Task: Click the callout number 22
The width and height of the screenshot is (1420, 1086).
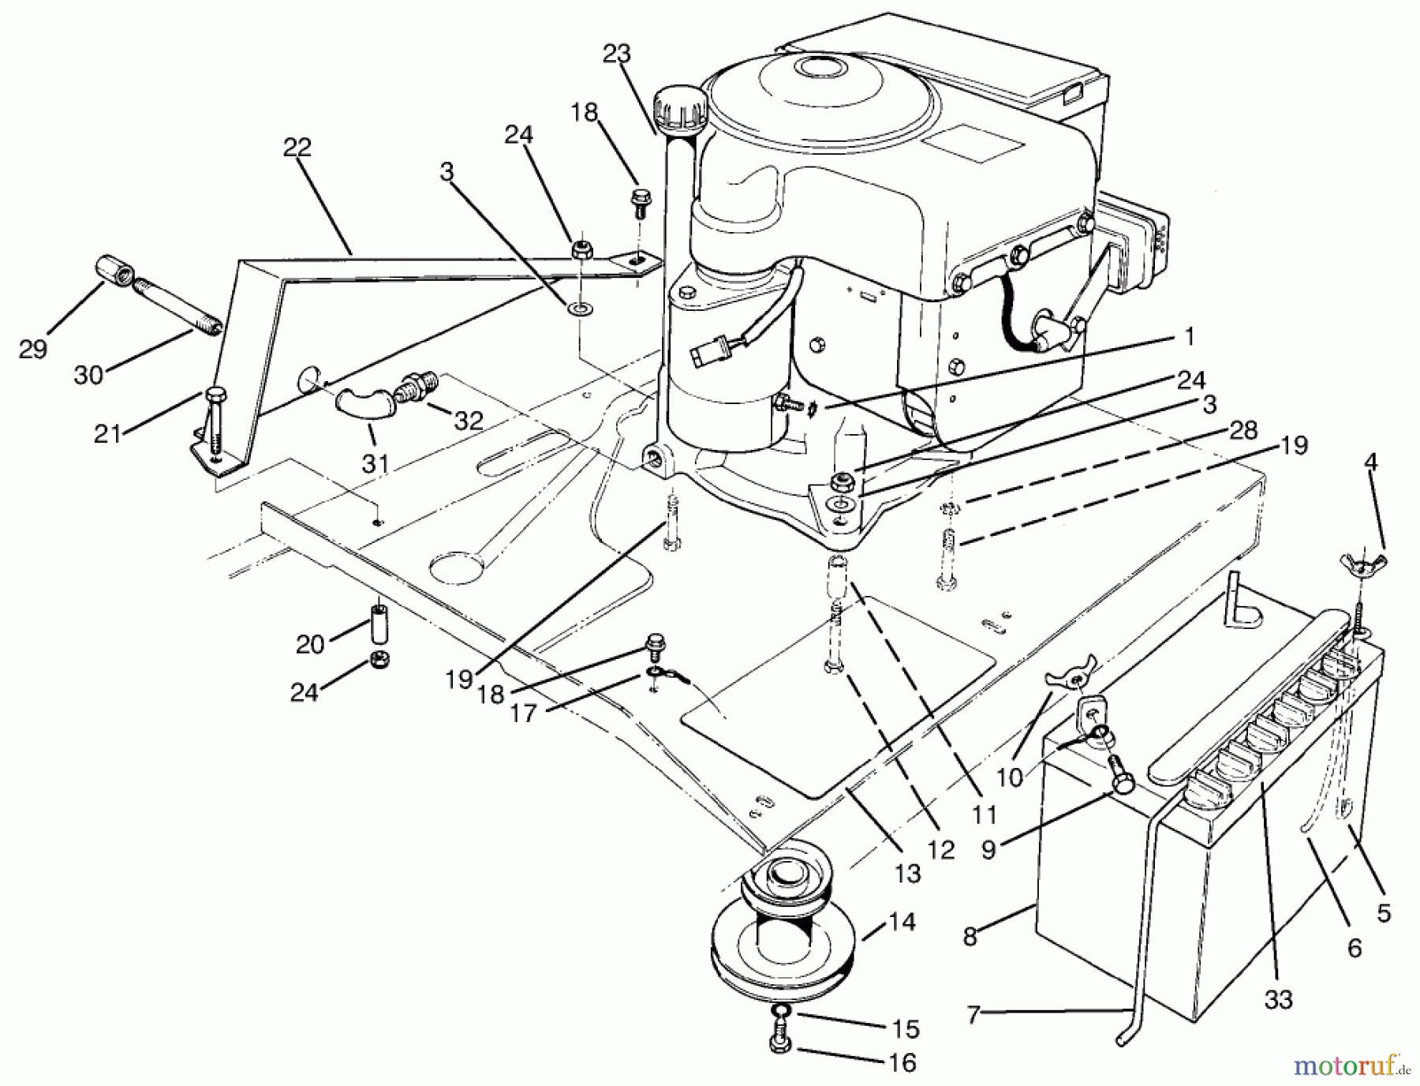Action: (x=297, y=148)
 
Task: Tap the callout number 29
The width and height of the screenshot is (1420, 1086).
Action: (x=33, y=348)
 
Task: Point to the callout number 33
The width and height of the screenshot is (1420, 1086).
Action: (x=1278, y=1000)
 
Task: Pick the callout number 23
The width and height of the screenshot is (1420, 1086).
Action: (x=617, y=54)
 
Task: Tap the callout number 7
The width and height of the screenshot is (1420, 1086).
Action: (x=972, y=1015)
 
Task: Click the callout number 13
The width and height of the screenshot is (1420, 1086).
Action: (x=907, y=873)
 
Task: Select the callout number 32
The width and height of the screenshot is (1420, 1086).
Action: (x=468, y=421)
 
